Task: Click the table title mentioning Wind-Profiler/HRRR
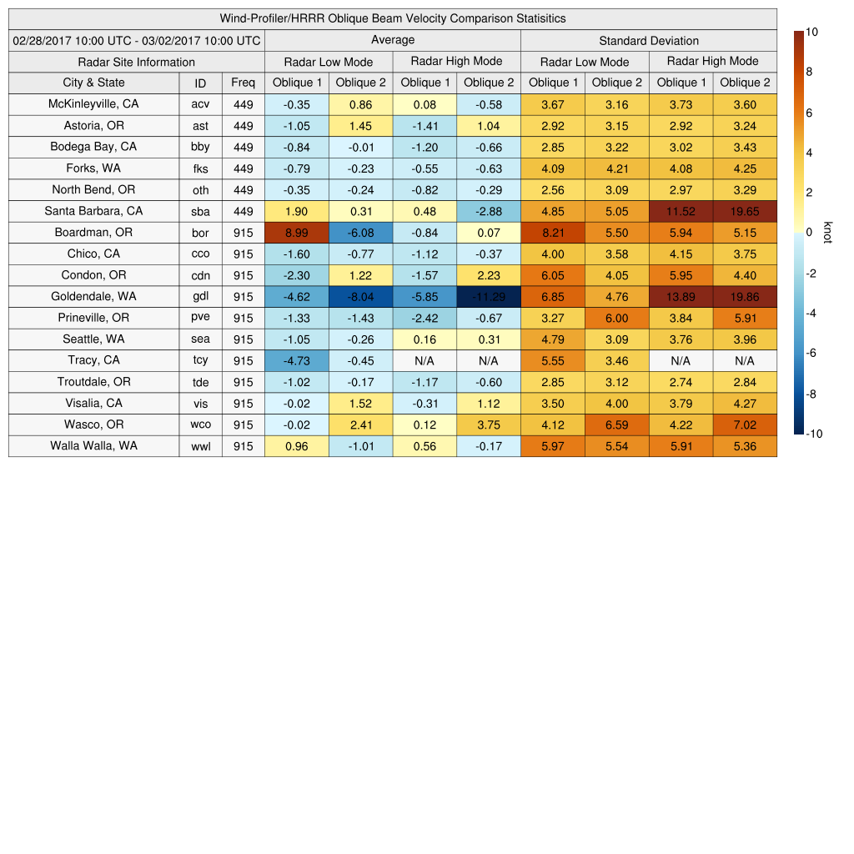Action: (x=393, y=18)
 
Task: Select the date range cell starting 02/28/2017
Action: (x=137, y=40)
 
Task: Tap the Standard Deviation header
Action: (x=649, y=41)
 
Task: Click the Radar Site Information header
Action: (x=137, y=62)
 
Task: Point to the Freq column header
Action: (x=243, y=83)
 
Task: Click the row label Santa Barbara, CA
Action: (x=93, y=211)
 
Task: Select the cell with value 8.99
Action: (x=296, y=233)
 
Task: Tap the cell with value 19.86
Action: (x=745, y=297)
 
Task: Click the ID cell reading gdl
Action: (x=200, y=297)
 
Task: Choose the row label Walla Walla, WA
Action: (x=93, y=445)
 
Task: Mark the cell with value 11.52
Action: (x=681, y=212)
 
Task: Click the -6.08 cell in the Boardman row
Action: (x=360, y=233)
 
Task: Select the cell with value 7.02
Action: (x=745, y=424)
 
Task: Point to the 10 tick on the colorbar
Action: (x=811, y=32)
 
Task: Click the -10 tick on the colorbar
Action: (x=813, y=434)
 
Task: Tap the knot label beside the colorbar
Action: (x=827, y=233)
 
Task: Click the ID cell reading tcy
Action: (x=200, y=360)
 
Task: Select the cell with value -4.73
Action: (x=296, y=360)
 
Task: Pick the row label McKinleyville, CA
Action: (x=93, y=104)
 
